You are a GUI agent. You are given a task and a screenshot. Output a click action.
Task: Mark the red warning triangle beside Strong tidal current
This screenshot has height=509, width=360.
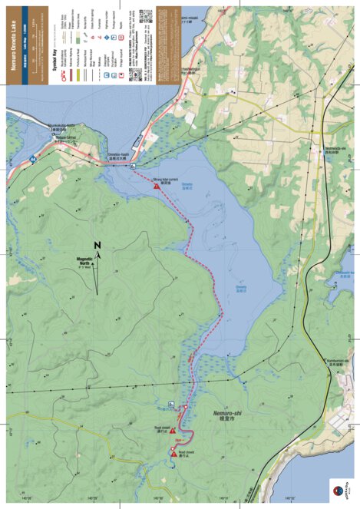click(x=157, y=186)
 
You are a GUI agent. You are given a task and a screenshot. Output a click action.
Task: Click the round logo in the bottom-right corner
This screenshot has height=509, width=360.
click(x=336, y=489)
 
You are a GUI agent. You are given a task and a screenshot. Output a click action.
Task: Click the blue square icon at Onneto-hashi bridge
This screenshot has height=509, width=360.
click(x=133, y=166)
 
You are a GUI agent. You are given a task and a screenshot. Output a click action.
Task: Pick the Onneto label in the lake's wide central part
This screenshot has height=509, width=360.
click(x=241, y=289)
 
